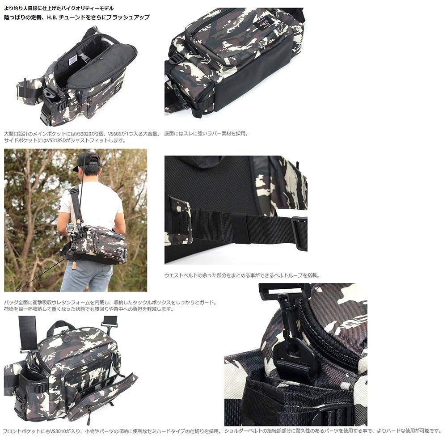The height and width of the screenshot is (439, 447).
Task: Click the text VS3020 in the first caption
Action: [83, 134]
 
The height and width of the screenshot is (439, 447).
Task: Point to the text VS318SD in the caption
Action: [56, 140]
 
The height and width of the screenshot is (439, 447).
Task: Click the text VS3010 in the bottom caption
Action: [58, 431]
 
